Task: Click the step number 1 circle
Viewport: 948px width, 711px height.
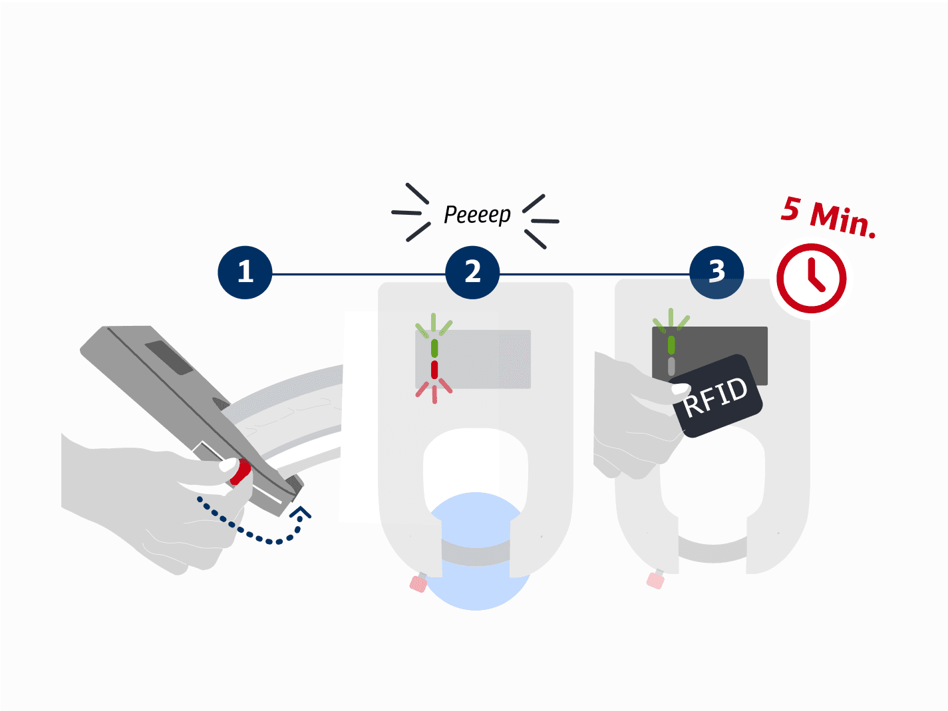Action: (245, 272)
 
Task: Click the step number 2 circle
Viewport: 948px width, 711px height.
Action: (472, 272)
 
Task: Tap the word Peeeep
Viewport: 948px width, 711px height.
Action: (477, 215)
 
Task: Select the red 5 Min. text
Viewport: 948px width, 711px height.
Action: (828, 217)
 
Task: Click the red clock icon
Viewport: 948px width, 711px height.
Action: (811, 277)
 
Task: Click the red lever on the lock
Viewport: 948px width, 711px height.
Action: (240, 472)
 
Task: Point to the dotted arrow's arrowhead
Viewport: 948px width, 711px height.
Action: (301, 513)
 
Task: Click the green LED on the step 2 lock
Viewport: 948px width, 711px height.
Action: (434, 348)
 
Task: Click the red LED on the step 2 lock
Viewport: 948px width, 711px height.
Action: (434, 370)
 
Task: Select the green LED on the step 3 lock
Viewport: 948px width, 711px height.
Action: (671, 345)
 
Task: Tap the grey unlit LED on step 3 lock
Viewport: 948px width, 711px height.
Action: (671, 366)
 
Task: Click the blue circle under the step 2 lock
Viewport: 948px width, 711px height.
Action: (476, 585)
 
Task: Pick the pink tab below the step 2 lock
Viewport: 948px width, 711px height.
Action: (418, 583)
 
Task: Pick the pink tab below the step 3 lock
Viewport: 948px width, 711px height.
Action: (655, 580)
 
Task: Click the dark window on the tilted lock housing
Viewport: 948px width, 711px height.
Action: (168, 358)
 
